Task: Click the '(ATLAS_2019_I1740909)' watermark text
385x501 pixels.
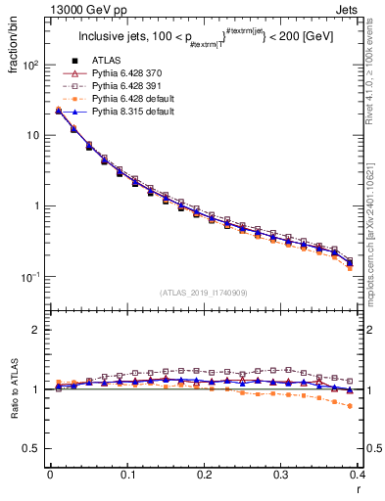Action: click(203, 293)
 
